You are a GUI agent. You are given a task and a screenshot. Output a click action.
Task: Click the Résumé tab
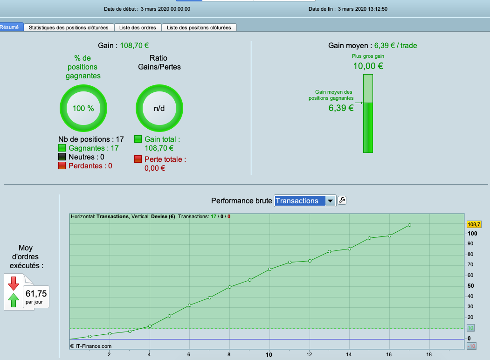tap(10, 28)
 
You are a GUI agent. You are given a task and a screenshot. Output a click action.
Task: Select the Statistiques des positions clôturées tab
tap(69, 28)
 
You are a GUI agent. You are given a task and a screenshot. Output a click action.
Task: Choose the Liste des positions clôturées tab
tap(199, 28)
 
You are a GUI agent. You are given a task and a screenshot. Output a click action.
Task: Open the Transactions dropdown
tap(305, 201)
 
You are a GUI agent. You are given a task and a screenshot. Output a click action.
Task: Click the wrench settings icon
tap(342, 201)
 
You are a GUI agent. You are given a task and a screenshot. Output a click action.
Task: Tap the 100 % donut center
tap(83, 109)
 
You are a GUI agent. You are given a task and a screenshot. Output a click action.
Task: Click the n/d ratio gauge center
tap(159, 109)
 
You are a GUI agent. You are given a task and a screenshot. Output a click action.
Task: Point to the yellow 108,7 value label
tap(474, 224)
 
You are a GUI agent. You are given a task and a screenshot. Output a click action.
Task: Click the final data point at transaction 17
tap(409, 225)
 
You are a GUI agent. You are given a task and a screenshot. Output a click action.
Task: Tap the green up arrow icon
tap(14, 300)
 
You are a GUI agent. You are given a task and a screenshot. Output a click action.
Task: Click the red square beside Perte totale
tap(138, 159)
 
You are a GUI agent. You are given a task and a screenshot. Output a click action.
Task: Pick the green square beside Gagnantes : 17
tap(62, 148)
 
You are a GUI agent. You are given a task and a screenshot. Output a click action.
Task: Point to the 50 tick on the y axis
tap(471, 286)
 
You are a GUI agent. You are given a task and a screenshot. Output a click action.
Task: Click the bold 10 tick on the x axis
tap(269, 354)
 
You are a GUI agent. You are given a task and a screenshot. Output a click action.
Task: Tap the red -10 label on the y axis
tap(471, 346)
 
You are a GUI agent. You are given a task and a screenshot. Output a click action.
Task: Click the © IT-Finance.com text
tap(91, 346)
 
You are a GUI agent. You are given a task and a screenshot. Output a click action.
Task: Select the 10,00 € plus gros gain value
tap(368, 66)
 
